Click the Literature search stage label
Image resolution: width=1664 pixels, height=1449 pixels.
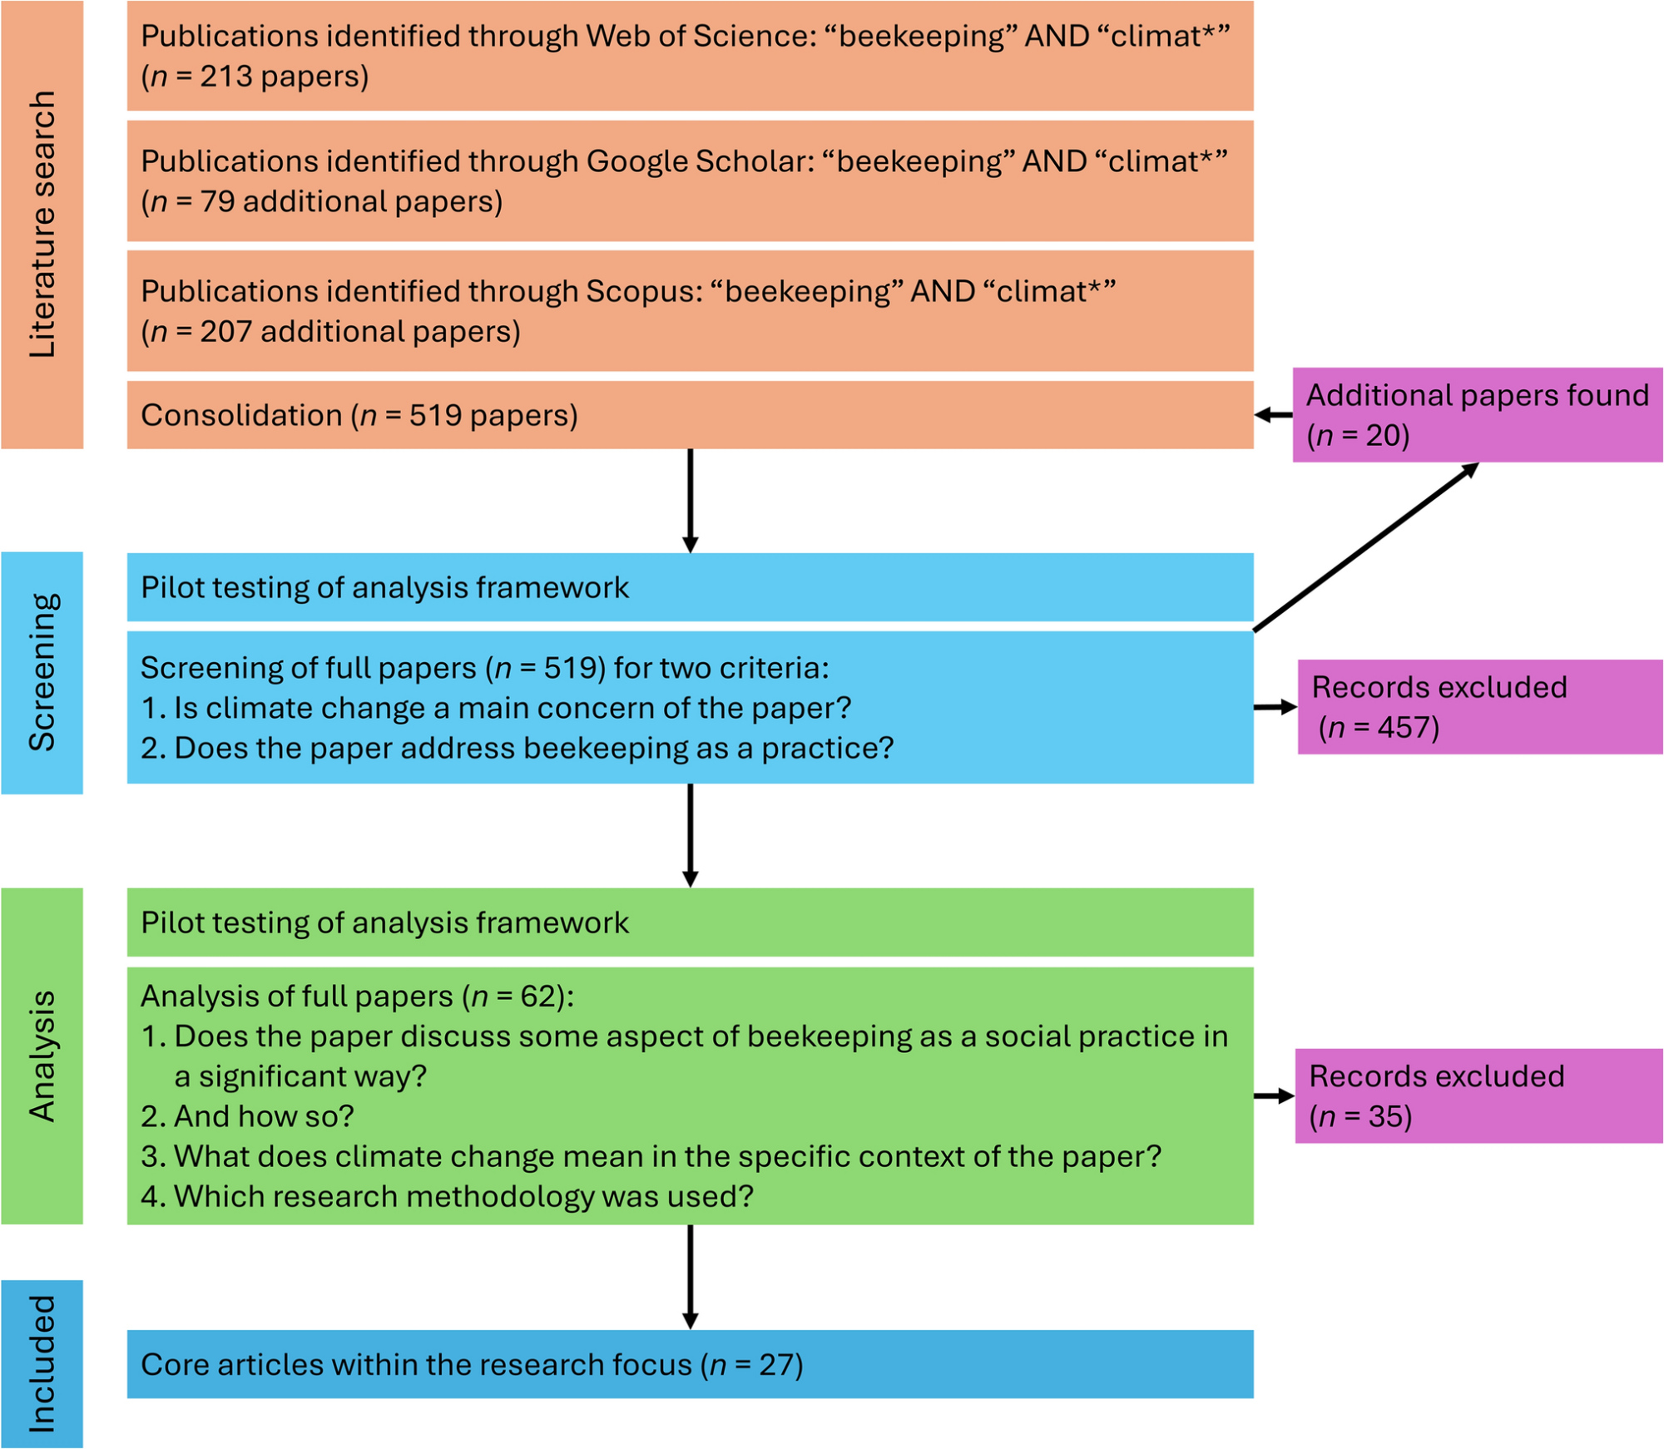[x=42, y=225]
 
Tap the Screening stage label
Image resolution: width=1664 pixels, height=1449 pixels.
[x=42, y=672]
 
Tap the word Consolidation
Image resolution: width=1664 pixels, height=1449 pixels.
[x=241, y=415]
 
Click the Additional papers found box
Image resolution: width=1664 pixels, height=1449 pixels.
[x=1477, y=414]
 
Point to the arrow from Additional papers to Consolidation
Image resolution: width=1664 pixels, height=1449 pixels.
[x=1273, y=414]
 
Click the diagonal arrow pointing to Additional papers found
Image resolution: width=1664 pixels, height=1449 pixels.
[x=1364, y=547]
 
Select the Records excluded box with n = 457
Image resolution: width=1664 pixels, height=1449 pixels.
[x=1479, y=707]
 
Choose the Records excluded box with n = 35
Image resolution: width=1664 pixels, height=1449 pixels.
[x=1478, y=1095]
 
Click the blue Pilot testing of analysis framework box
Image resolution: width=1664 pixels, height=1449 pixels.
[x=689, y=587]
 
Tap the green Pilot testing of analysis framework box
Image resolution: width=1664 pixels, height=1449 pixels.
[x=689, y=922]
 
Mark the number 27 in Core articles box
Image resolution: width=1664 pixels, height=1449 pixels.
[x=780, y=1365]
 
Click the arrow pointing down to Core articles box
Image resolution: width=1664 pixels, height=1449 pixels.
[x=690, y=1276]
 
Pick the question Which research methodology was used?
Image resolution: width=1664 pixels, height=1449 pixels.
[x=463, y=1196]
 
